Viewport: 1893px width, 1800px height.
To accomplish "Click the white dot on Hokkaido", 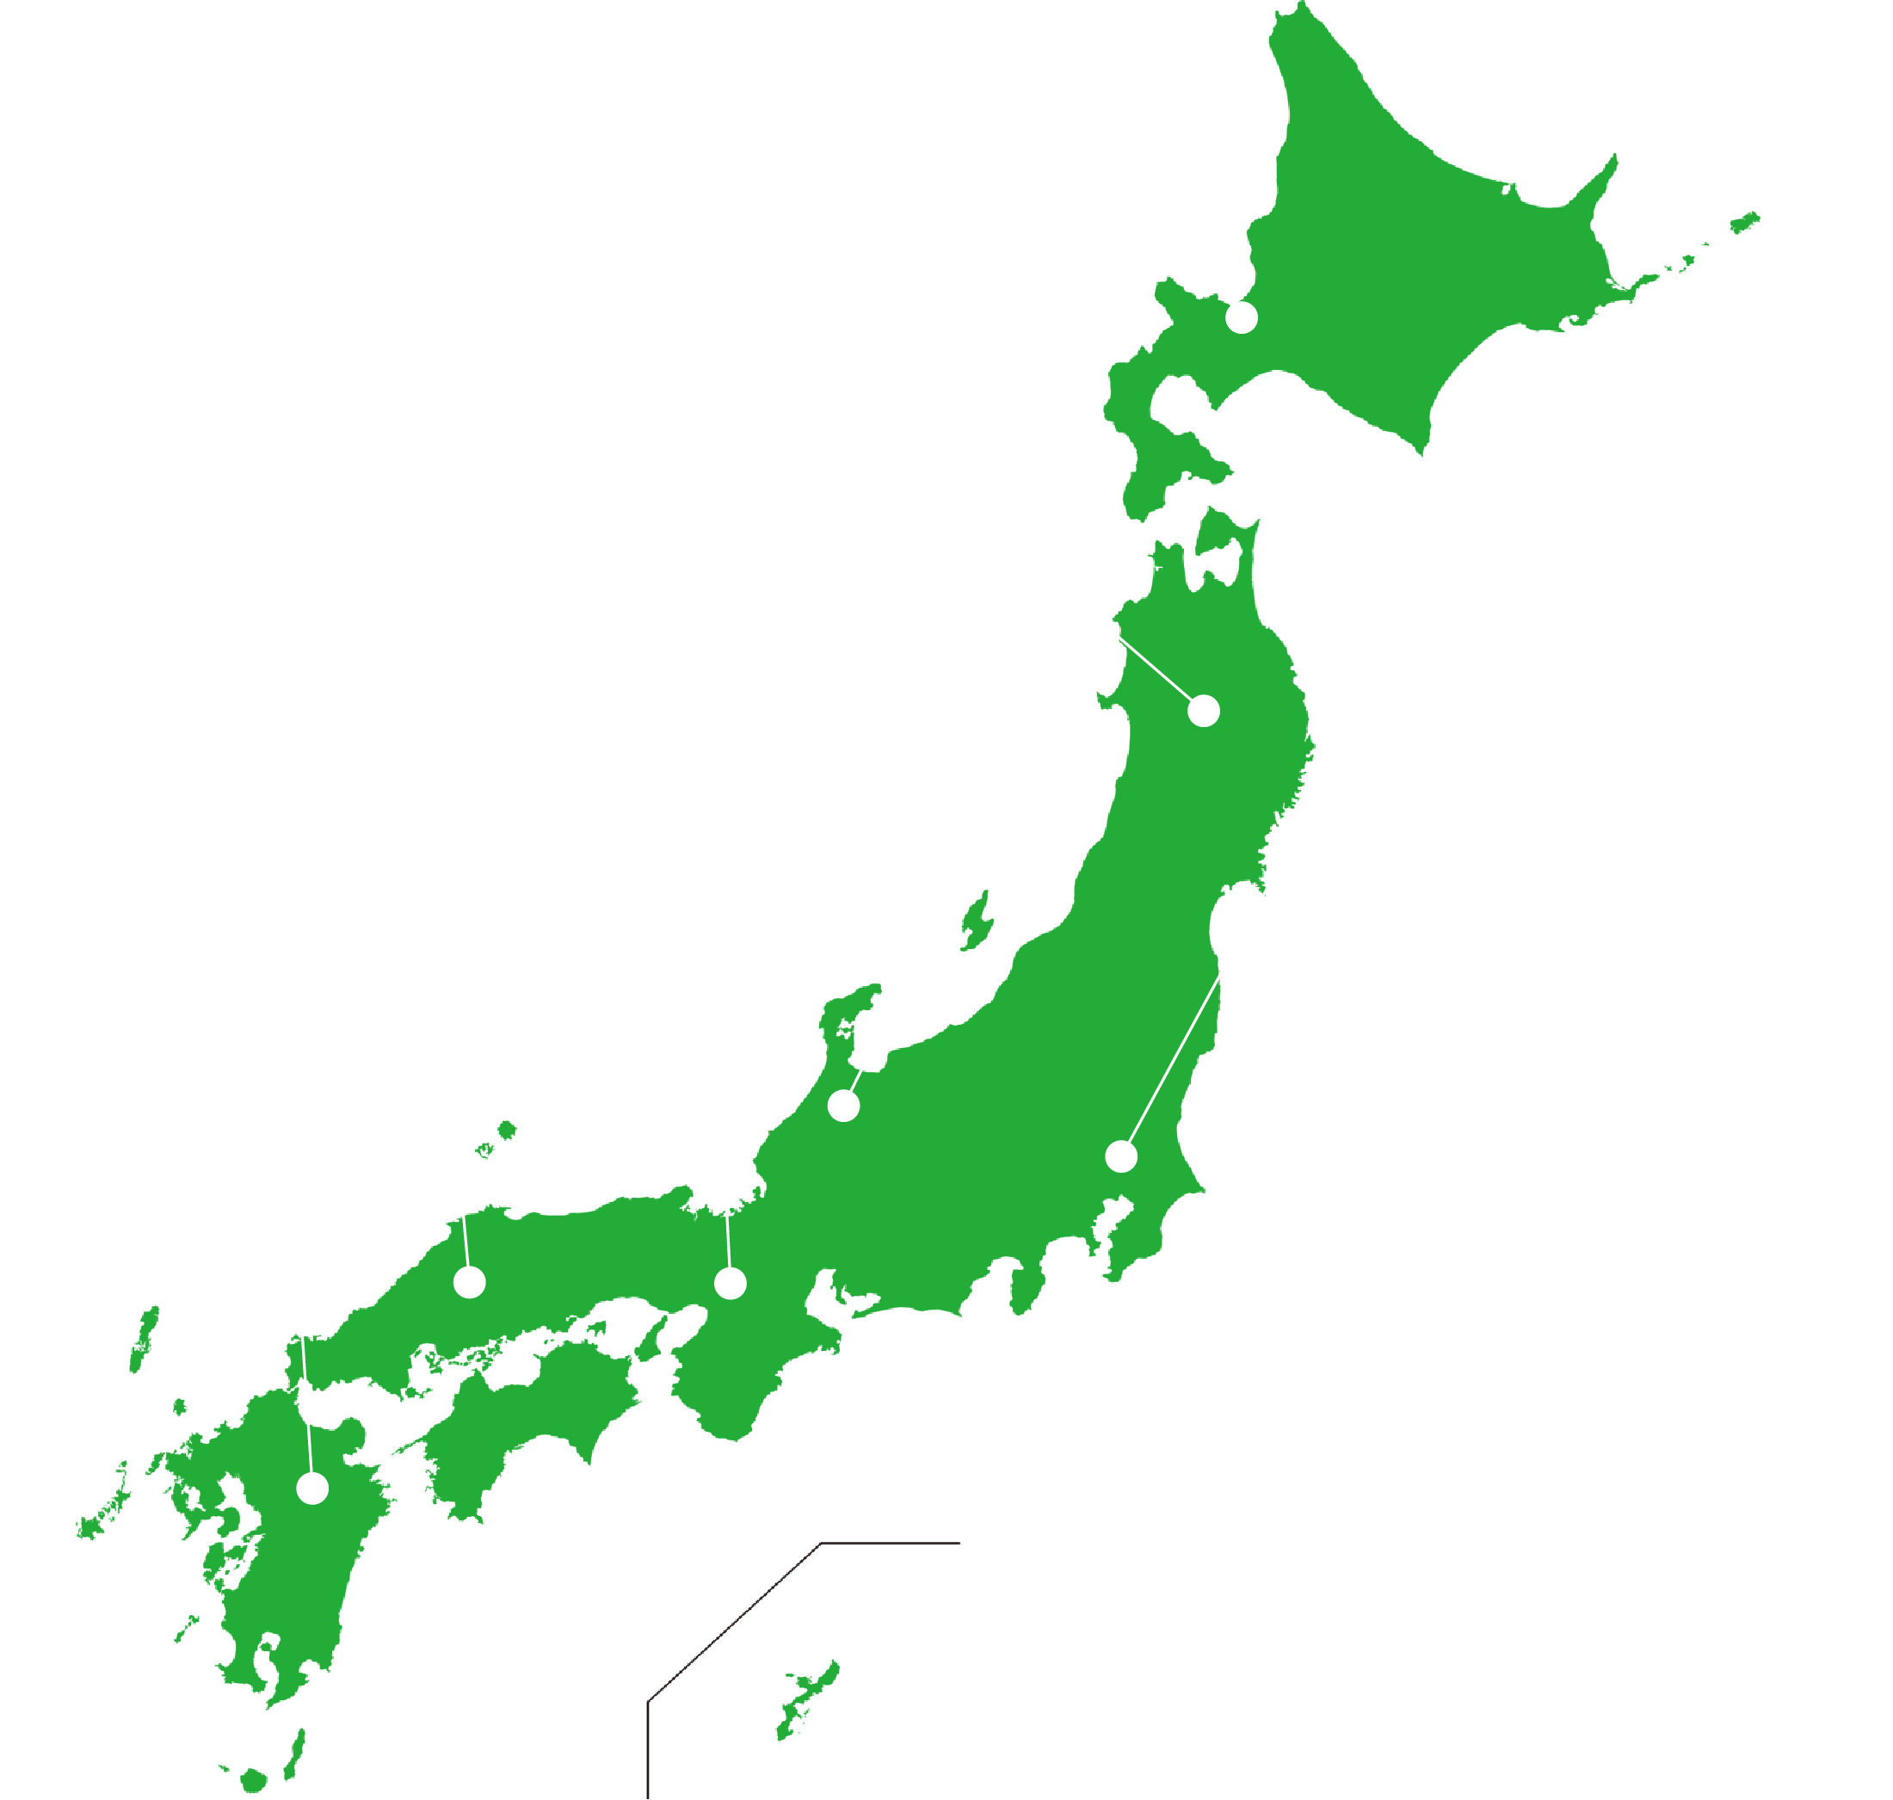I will [x=1242, y=317].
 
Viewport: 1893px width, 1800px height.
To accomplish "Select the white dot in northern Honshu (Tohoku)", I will [x=1203, y=711].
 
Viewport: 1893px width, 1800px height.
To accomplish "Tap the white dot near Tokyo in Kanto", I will [x=1120, y=1156].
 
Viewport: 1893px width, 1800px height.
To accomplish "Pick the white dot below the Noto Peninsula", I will [x=843, y=1106].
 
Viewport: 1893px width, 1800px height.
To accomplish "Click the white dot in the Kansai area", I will [x=731, y=1283].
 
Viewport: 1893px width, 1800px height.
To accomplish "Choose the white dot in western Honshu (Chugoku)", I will [x=469, y=1282].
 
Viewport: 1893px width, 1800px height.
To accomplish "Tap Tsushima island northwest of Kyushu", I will [x=144, y=1340].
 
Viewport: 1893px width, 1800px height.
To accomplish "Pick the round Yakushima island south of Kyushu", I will [x=253, y=1781].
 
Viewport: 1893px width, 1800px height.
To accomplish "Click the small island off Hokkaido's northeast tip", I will [x=1744, y=224].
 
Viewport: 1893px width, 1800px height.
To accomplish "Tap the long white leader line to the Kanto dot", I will [x=1175, y=1059].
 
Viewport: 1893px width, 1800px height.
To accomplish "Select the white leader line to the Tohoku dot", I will [x=1156, y=669].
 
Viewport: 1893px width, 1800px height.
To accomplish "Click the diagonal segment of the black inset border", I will [x=733, y=1623].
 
